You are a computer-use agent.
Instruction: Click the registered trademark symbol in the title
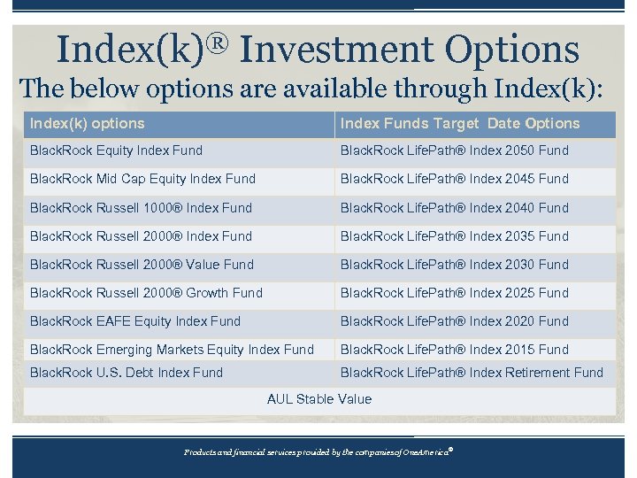(217, 40)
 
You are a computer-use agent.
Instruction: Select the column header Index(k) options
(87, 124)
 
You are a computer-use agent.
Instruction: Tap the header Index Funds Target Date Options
(459, 124)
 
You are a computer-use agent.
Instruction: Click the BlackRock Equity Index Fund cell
(116, 150)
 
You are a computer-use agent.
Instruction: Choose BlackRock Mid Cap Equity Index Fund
(142, 179)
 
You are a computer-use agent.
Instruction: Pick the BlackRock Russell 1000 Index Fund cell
(141, 208)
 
